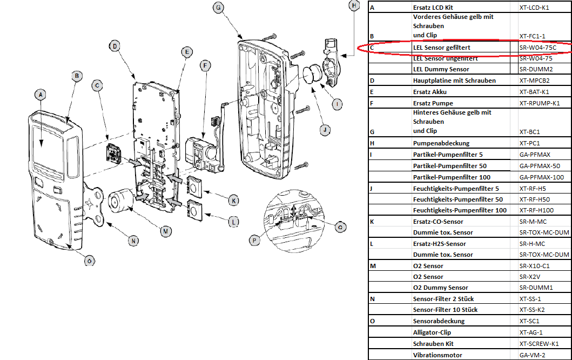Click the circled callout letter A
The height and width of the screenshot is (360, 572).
pos(39,94)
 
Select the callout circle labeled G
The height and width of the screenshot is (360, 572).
pos(218,8)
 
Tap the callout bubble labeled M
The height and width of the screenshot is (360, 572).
pos(167,231)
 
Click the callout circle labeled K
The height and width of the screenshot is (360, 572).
pos(233,201)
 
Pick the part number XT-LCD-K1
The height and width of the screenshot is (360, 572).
pos(534,8)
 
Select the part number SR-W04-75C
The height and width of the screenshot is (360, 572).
pos(537,48)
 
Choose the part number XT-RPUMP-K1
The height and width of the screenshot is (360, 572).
pos(540,103)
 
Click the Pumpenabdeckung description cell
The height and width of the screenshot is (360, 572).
pos(441,143)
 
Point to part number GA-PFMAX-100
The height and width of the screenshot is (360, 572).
pos(541,177)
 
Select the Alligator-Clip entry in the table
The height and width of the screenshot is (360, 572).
pos(432,332)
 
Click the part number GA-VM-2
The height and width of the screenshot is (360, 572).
pos(533,355)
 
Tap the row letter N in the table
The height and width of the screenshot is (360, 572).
pos(373,298)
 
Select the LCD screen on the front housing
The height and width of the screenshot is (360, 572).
pos(47,144)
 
